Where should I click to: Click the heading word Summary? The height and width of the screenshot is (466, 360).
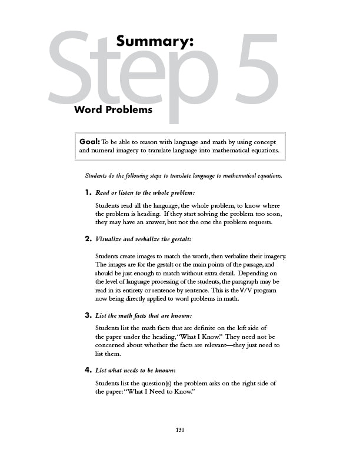pyautogui.click(x=155, y=41)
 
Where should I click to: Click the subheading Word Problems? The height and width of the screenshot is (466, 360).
pyautogui.click(x=113, y=109)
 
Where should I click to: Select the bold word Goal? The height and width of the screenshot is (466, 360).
pyautogui.click(x=90, y=142)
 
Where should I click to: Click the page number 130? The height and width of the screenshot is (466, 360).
pyautogui.click(x=180, y=430)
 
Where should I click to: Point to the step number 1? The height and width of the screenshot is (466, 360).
pyautogui.click(x=88, y=192)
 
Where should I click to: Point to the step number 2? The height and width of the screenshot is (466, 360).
pyautogui.click(x=88, y=239)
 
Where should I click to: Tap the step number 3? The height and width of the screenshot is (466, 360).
pyautogui.click(x=88, y=315)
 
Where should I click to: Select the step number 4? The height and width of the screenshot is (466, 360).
pyautogui.click(x=88, y=370)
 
